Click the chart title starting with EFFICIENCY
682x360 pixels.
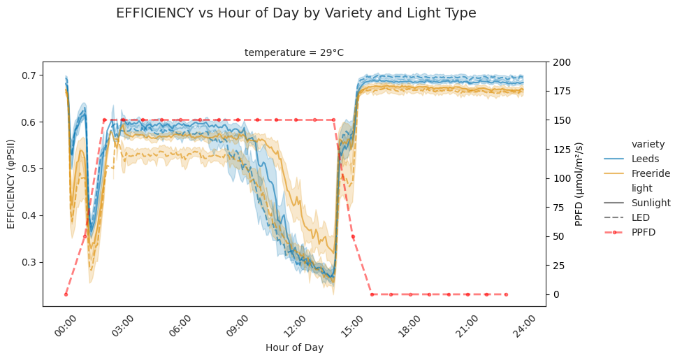click(x=296, y=13)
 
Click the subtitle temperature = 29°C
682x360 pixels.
click(x=293, y=52)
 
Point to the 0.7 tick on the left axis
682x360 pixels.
click(x=30, y=75)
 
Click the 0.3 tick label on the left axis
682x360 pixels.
click(x=30, y=262)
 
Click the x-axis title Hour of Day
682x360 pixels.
click(x=294, y=347)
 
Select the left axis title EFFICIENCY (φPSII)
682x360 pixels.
click(x=11, y=184)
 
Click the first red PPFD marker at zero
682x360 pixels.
click(x=66, y=294)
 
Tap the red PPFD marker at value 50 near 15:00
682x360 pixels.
click(x=353, y=236)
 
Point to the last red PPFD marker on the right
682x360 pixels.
click(x=506, y=294)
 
